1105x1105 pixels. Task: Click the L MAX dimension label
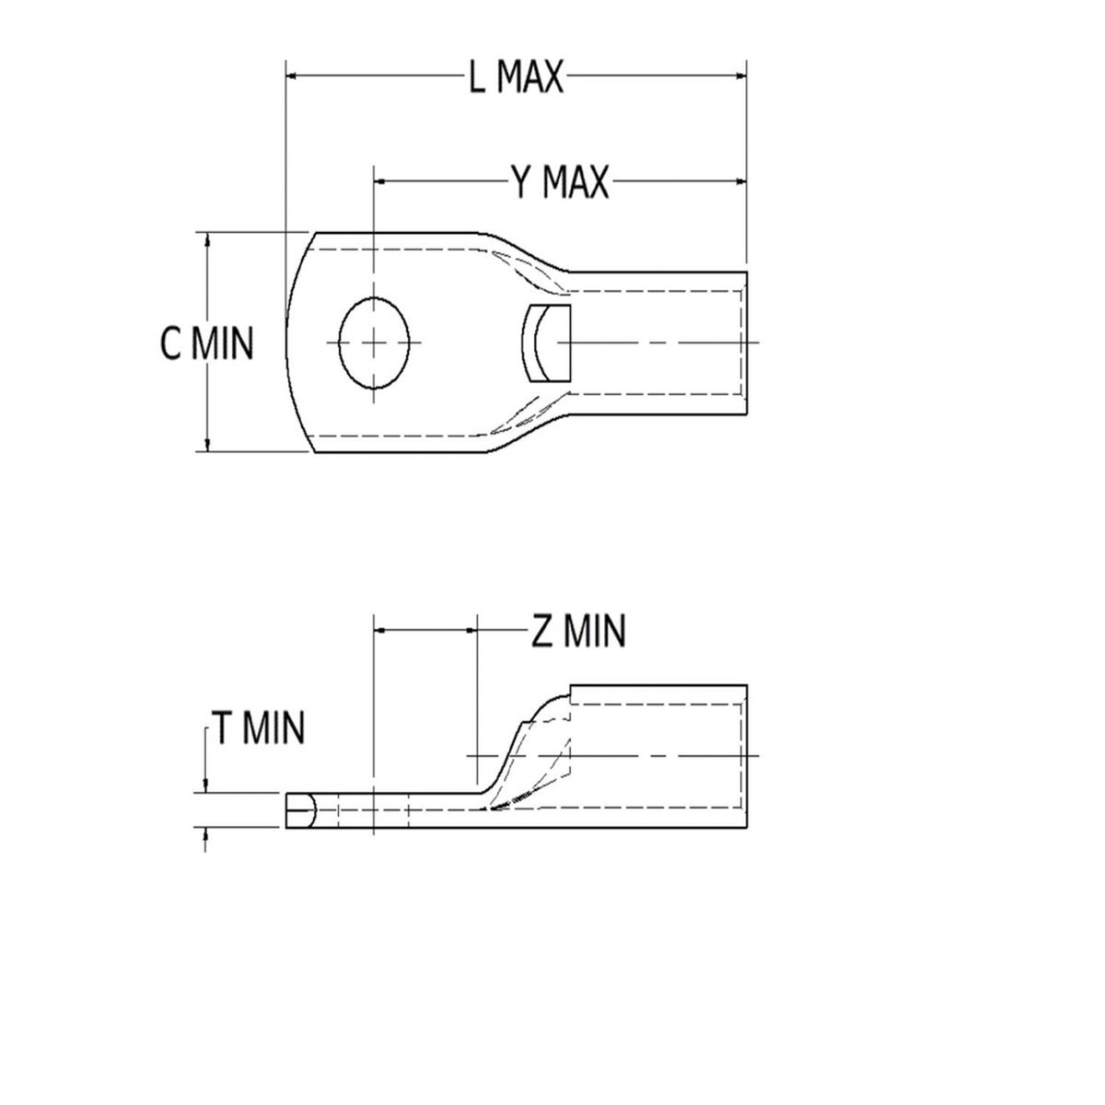pos(515,78)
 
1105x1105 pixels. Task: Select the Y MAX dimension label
pos(560,182)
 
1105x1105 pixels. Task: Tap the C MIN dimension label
pos(205,343)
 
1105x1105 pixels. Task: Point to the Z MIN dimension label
pos(578,632)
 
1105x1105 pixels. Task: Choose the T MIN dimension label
pos(258,728)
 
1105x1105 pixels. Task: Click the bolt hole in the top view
pos(374,343)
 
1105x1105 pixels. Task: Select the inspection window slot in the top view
pos(547,343)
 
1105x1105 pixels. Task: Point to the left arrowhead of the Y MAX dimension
pos(381,181)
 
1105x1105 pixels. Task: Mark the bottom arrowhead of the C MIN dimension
pos(208,445)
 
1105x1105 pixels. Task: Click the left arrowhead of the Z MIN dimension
pos(381,631)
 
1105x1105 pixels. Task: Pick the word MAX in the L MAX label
pos(529,78)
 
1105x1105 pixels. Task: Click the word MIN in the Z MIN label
pos(594,632)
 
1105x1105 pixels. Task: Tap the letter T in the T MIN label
pos(223,728)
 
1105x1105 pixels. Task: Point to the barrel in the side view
pos(658,756)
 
